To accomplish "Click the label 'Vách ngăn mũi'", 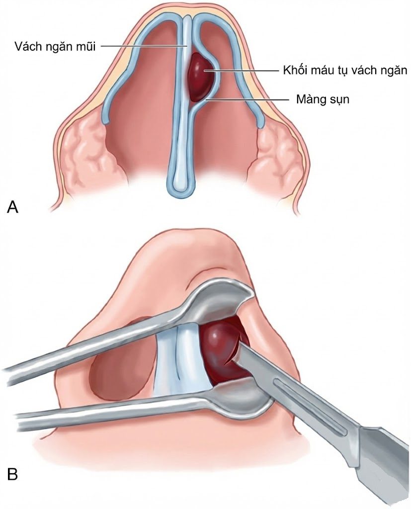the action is coord(55,46).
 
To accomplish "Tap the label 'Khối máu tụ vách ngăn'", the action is coord(345,70).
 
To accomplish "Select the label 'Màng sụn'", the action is coord(323,99).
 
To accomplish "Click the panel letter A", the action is coord(12,206).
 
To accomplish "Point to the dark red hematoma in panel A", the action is coord(201,76).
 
